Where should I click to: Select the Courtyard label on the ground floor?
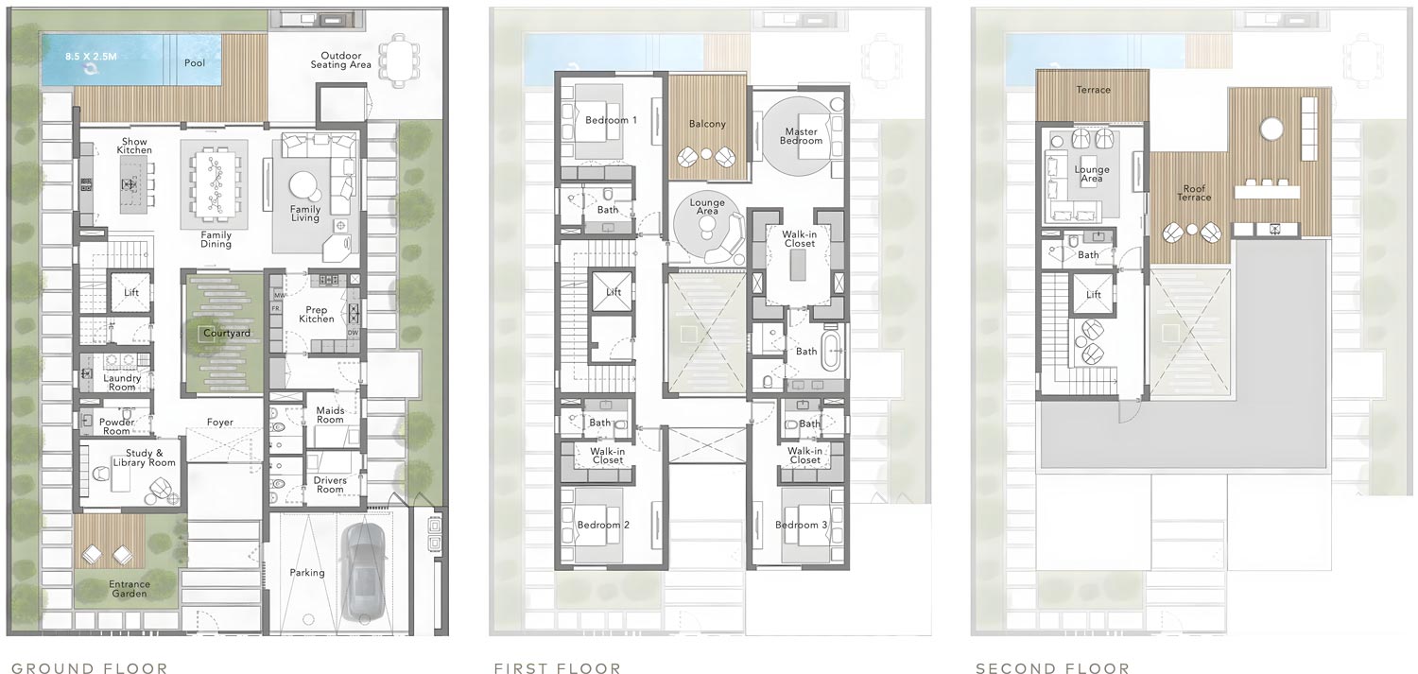pos(225,334)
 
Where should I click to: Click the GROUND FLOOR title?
pos(90,669)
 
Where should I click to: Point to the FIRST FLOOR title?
pos(558,669)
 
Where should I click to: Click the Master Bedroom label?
pos(801,136)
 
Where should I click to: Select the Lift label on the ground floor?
pos(131,293)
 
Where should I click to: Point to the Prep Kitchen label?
pos(317,314)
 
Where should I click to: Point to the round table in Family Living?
pos(304,183)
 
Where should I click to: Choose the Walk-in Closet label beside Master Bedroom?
pos(799,237)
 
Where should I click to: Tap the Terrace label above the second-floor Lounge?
pos(1093,90)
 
